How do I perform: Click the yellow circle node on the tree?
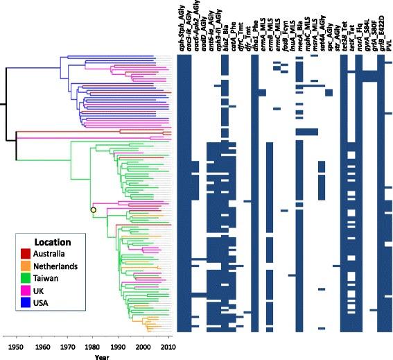[92, 209]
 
